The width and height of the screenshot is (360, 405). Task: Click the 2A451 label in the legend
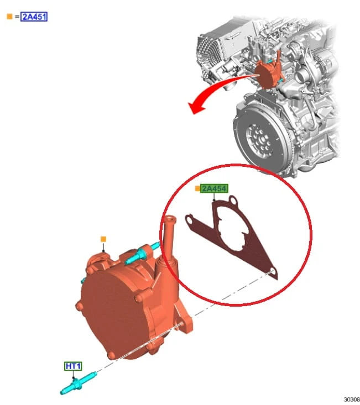pos(34,17)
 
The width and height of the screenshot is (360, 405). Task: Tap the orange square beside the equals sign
pos(9,17)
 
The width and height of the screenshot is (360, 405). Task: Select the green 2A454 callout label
pos(214,188)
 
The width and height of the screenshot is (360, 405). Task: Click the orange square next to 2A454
pos(197,188)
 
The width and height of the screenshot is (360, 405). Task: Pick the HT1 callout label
pos(73,366)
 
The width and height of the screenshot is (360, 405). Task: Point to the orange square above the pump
pos(103,239)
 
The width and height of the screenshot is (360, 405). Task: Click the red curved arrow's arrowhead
pos(196,107)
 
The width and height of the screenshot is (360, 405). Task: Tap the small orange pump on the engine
pos(269,73)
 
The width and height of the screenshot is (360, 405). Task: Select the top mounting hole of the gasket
pos(233,200)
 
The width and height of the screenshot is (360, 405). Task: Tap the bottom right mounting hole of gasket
pos(273,272)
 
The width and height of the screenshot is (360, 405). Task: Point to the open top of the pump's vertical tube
pos(170,219)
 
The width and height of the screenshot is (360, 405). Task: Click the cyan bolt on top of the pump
pos(142,253)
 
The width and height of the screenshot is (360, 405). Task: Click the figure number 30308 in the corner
pos(352,399)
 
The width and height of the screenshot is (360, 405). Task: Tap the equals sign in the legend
pos(17,17)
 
